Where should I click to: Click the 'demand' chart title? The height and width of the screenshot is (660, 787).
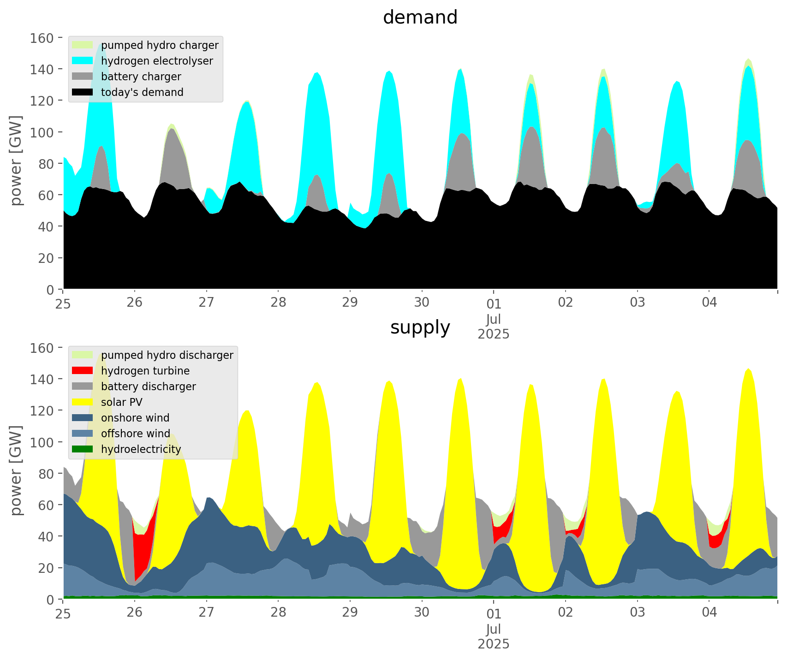tap(420, 18)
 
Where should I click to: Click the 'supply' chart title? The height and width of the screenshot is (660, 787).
tap(420, 327)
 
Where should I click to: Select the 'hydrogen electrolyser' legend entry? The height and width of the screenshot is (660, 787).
tap(157, 61)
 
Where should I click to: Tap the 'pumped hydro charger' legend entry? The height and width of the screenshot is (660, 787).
tap(160, 45)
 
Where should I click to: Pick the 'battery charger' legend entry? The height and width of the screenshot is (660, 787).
tap(141, 77)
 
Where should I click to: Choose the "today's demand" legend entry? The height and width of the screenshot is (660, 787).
tap(142, 92)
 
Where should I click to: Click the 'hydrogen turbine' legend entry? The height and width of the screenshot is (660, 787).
tap(145, 371)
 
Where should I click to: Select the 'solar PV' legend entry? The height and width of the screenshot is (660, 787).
tap(121, 402)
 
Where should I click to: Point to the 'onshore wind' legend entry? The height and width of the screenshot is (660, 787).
tap(135, 418)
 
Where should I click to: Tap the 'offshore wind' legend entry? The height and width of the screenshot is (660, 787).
tap(135, 434)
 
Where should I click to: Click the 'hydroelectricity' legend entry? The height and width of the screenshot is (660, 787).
tap(141, 449)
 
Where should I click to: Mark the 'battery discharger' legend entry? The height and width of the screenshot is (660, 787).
tap(148, 386)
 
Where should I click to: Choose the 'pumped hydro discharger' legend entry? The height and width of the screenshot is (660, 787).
tap(167, 355)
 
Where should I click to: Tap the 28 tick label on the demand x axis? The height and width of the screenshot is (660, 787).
tap(278, 303)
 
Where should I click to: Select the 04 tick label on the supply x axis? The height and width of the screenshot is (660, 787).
tap(709, 612)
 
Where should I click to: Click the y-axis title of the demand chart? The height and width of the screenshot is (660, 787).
tap(16, 161)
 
